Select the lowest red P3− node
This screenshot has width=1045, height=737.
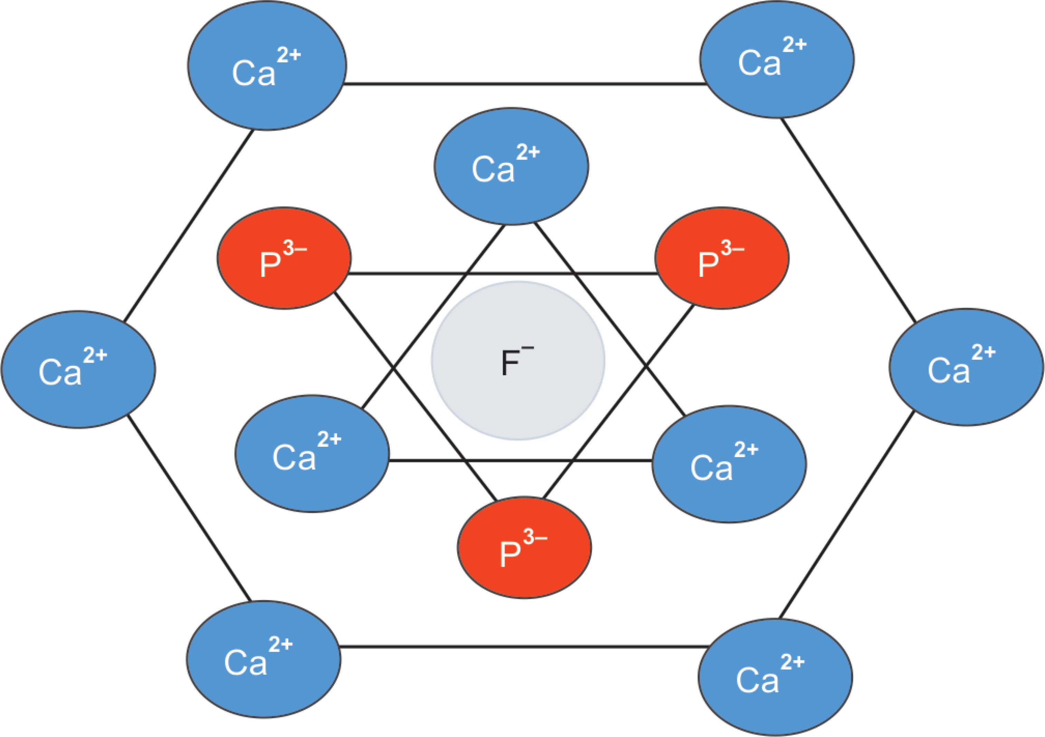524,547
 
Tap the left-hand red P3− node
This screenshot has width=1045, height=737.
284,258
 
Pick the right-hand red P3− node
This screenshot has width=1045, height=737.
722,258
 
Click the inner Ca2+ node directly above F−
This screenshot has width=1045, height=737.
511,166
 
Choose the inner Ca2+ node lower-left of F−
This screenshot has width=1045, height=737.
312,453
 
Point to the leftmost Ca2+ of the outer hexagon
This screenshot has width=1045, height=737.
78,370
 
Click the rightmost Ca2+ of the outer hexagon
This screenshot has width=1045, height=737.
966,367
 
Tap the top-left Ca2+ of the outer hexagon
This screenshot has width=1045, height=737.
267,66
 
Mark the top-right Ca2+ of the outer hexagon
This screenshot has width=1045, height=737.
777,60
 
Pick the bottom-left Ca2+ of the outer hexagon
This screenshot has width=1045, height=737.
264,659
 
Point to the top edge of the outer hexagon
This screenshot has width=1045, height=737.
523,84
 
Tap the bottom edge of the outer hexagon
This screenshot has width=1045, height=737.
523,647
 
